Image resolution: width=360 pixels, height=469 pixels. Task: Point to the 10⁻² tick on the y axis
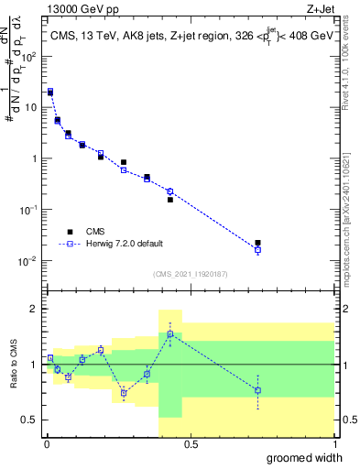click(30, 261)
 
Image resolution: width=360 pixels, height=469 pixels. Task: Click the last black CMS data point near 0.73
click(258, 243)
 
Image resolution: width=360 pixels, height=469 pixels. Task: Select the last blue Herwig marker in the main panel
click(258, 249)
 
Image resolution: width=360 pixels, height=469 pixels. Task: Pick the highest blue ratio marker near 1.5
click(170, 334)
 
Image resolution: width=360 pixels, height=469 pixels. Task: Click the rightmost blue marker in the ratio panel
click(258, 390)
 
